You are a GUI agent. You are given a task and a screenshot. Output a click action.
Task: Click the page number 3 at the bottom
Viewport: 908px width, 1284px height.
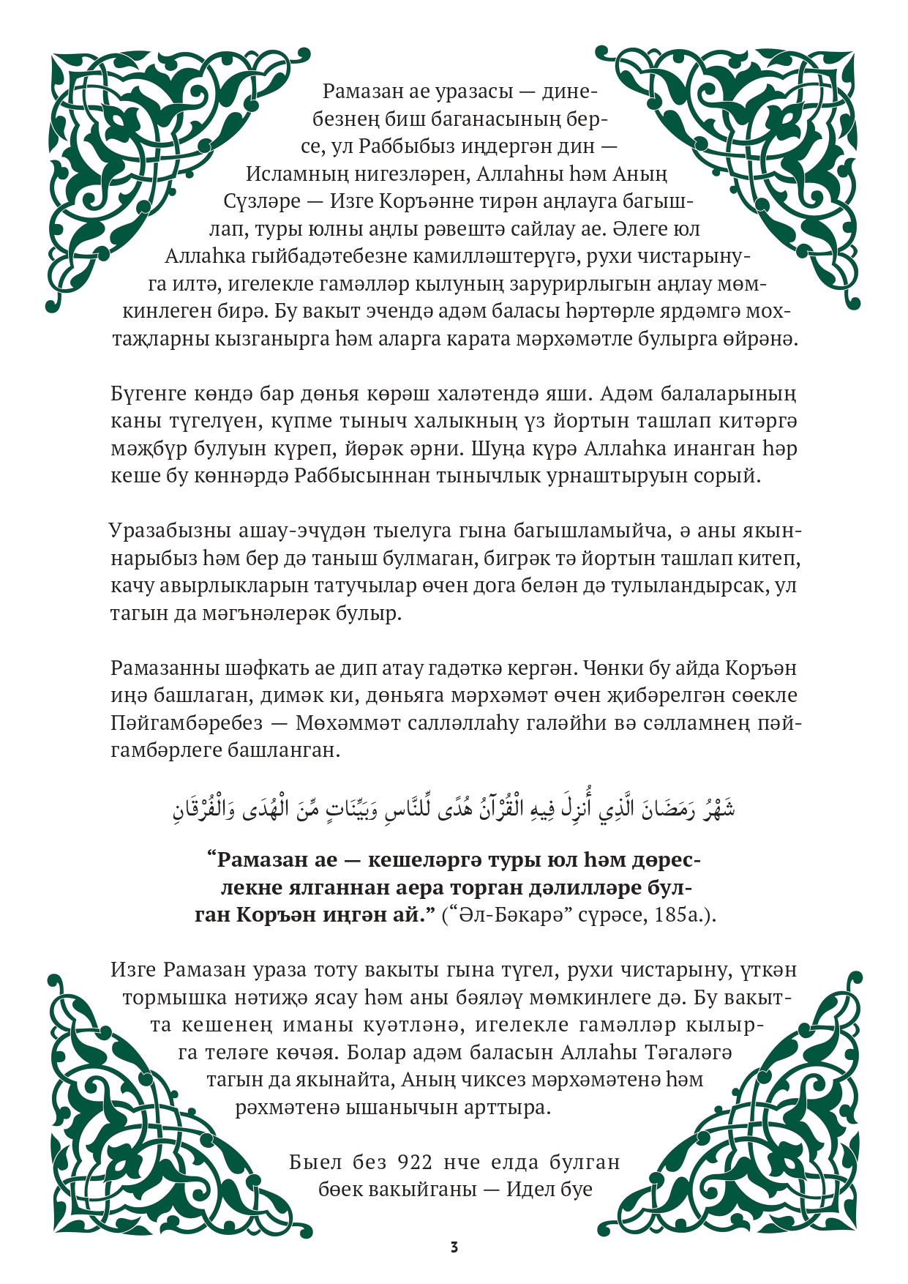point(454,1247)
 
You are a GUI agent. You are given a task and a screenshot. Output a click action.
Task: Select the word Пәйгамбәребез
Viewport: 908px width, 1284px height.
point(187,723)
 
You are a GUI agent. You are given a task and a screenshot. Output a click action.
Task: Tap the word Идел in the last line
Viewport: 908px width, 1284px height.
point(532,1190)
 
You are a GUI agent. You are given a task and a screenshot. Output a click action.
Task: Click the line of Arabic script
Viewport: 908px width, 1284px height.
point(454,809)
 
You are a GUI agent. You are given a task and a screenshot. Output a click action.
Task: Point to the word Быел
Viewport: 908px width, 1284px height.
point(315,1162)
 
